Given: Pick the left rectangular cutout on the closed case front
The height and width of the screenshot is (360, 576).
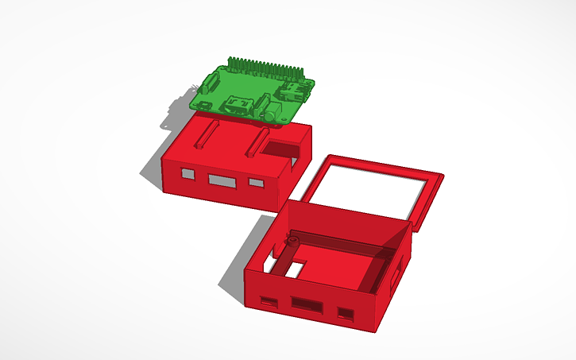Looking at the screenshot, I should coord(187,173).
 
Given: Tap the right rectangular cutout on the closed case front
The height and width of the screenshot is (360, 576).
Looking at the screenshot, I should coord(256,183).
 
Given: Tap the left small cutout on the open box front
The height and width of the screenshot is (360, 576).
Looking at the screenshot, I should coord(269,302).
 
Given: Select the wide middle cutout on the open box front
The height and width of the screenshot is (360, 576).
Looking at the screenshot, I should coord(307,304).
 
